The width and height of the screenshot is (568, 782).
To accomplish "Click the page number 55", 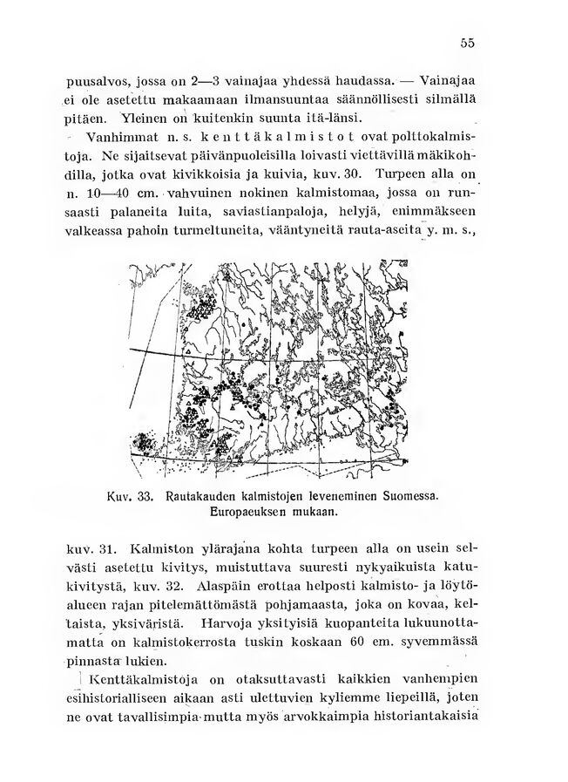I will click(468, 44).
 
